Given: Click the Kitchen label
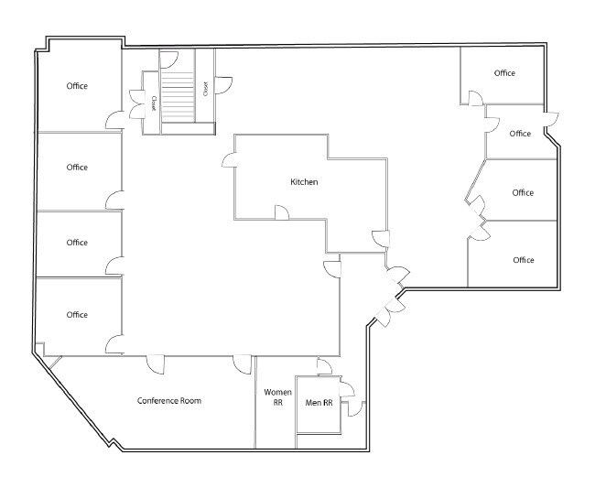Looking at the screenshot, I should click(304, 182).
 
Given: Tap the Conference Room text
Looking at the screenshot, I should click(169, 401).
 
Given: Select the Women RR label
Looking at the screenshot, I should click(278, 397).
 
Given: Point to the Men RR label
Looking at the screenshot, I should click(318, 402).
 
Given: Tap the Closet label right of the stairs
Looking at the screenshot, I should click(206, 89).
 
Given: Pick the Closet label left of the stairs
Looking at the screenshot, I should click(154, 103).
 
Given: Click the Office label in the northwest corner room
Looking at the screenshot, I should click(77, 86).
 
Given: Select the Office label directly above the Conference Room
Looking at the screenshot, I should click(77, 315).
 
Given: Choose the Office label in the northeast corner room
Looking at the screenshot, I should click(504, 73).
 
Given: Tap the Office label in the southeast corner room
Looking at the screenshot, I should click(523, 260).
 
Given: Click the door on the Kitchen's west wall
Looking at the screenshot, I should click(229, 159).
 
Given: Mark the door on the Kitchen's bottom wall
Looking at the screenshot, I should click(282, 212).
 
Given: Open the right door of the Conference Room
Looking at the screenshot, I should click(243, 363).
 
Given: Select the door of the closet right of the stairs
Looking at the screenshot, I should click(222, 84).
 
